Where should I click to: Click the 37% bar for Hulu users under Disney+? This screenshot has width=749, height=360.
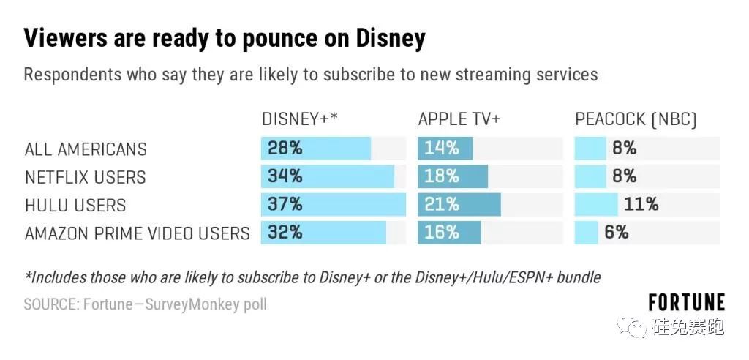tap(333, 205)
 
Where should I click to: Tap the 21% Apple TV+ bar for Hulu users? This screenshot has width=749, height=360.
tap(459, 205)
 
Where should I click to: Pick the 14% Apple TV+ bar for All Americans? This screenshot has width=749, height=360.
tap(445, 149)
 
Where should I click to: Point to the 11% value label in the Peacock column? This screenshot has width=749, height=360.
tap(641, 205)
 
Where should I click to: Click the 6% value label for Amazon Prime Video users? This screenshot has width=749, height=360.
tap(616, 233)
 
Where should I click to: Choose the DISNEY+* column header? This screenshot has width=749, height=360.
tap(299, 119)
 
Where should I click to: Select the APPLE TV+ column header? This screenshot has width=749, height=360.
tap(459, 119)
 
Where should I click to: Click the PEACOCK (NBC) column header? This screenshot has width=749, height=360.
tap(636, 119)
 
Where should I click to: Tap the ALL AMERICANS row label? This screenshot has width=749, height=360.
tap(86, 149)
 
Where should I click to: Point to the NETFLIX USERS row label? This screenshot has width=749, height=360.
tap(85, 177)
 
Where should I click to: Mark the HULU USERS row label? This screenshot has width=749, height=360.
tap(75, 206)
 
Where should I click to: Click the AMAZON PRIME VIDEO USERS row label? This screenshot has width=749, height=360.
tap(137, 233)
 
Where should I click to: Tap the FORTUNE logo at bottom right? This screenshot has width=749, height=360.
tap(686, 302)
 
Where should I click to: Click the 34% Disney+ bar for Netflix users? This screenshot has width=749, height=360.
tap(328, 177)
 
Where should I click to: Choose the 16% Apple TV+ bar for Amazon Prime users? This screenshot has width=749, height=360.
tap(449, 233)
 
